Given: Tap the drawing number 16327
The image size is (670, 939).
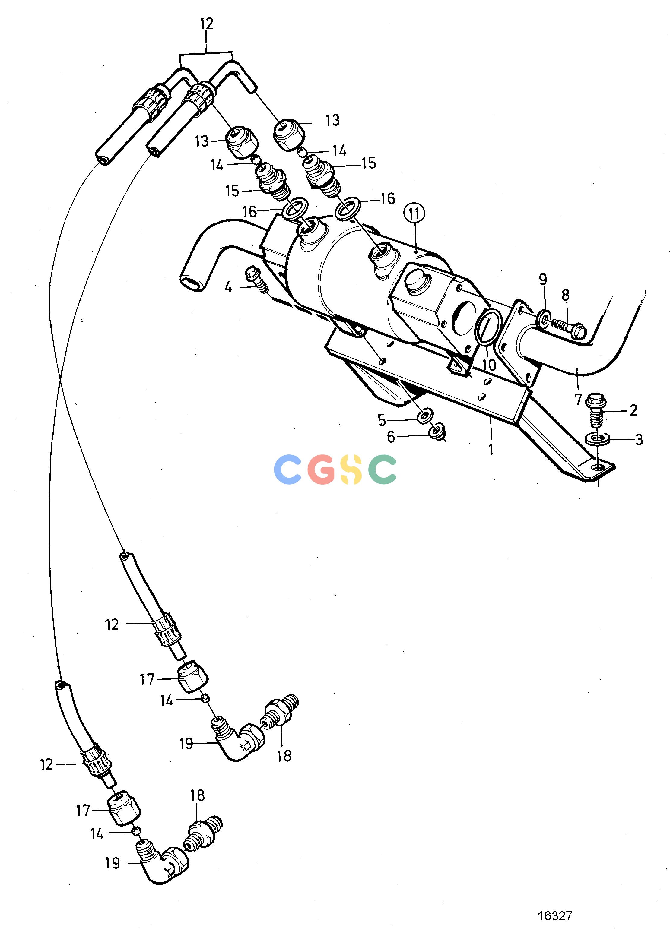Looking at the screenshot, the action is (x=555, y=904).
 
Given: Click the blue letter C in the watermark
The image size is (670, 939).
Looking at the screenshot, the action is (x=287, y=469).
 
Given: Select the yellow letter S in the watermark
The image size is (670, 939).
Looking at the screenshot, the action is (x=351, y=469).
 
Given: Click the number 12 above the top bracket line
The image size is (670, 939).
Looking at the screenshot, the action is (x=207, y=24).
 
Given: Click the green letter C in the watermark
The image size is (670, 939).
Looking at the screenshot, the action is (x=383, y=469).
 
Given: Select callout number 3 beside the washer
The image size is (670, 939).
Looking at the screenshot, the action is (x=639, y=440).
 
